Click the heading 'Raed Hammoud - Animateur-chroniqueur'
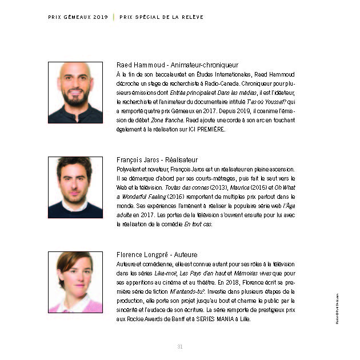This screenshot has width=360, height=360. click(177, 65)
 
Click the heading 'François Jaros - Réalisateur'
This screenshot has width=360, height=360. click(157, 160)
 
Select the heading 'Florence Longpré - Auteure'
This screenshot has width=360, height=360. click(155, 255)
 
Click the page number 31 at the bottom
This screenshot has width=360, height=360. click(180, 346)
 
